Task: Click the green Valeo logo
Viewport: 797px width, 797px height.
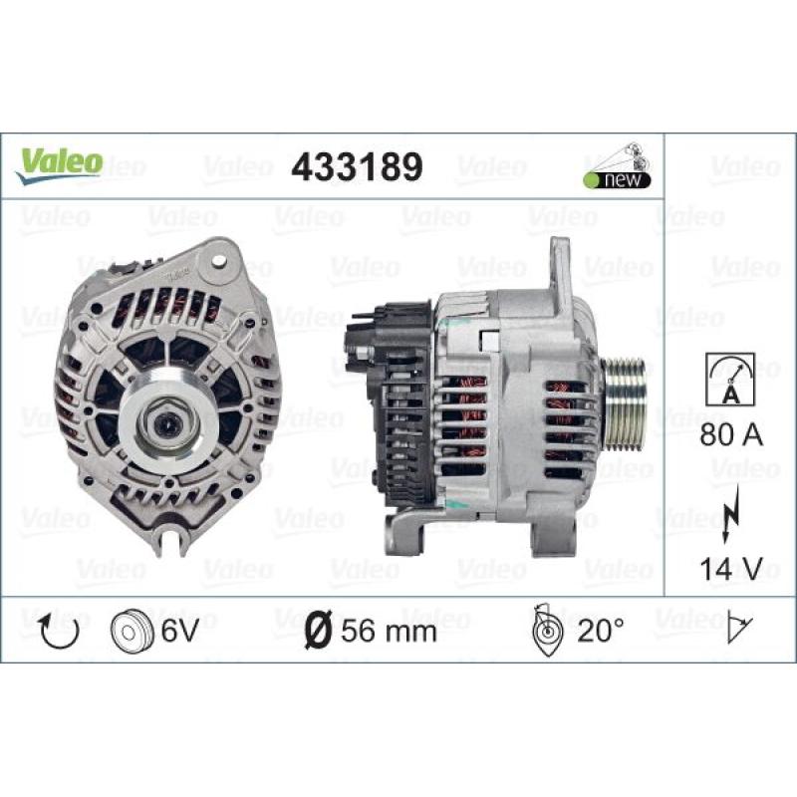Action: [x=60, y=164]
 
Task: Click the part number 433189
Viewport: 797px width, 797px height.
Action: [x=357, y=166]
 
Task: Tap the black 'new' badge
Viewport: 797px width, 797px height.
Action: [x=617, y=179]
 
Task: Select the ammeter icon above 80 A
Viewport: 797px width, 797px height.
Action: [x=730, y=380]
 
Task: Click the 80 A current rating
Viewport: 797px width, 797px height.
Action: [x=731, y=435]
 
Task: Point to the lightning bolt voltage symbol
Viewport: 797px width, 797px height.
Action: [x=731, y=514]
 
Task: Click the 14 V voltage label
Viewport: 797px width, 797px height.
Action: [x=731, y=568]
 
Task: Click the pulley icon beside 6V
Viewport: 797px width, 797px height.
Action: [x=132, y=631]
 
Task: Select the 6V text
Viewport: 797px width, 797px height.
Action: [x=179, y=631]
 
